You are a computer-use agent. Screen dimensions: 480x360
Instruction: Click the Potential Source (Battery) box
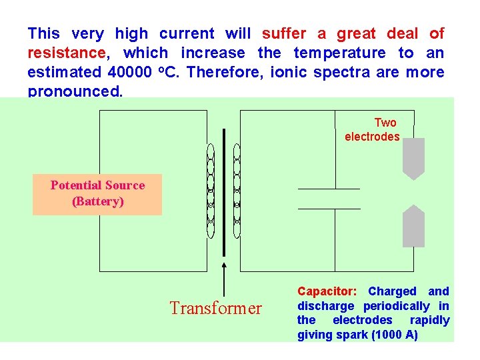tap(97, 193)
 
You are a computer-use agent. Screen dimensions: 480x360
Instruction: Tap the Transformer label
tap(216, 308)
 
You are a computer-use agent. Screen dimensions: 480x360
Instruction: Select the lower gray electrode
tap(413, 227)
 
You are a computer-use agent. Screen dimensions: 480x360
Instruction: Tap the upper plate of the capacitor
tap(329, 189)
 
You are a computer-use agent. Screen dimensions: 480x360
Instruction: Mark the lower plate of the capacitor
tap(329, 208)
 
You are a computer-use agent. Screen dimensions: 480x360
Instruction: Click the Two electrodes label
tap(373, 129)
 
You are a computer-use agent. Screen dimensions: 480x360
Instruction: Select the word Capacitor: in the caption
tap(327, 291)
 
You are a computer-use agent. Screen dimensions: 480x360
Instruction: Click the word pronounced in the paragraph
tap(75, 91)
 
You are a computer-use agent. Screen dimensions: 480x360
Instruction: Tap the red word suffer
tap(284, 33)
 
